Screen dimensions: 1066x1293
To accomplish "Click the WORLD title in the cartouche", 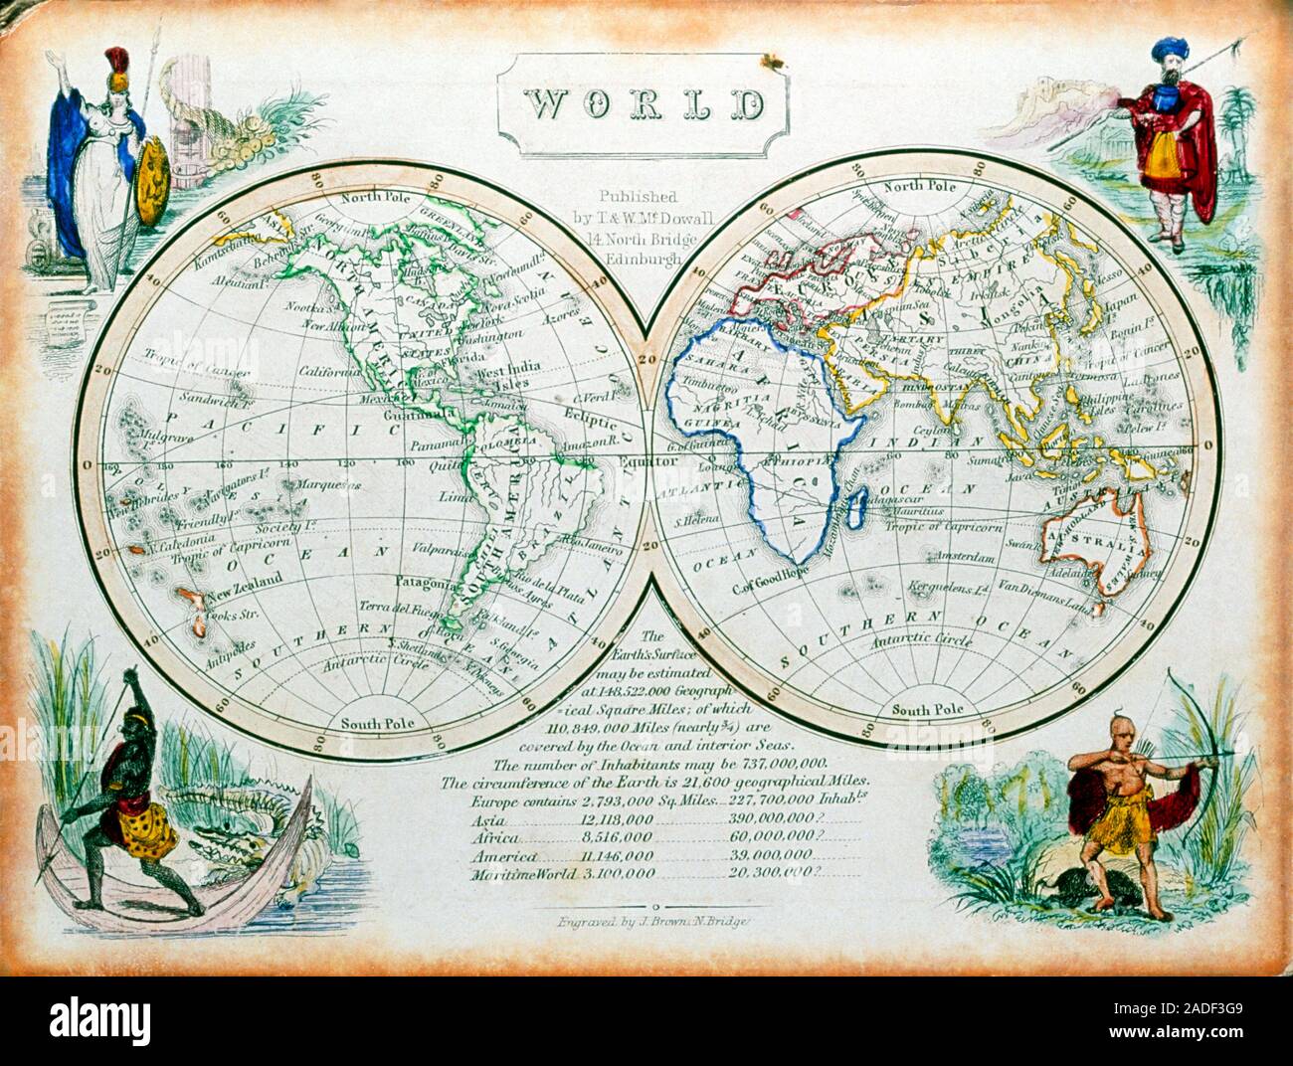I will (x=645, y=103).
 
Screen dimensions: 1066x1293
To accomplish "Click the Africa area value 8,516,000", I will (x=617, y=837).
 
